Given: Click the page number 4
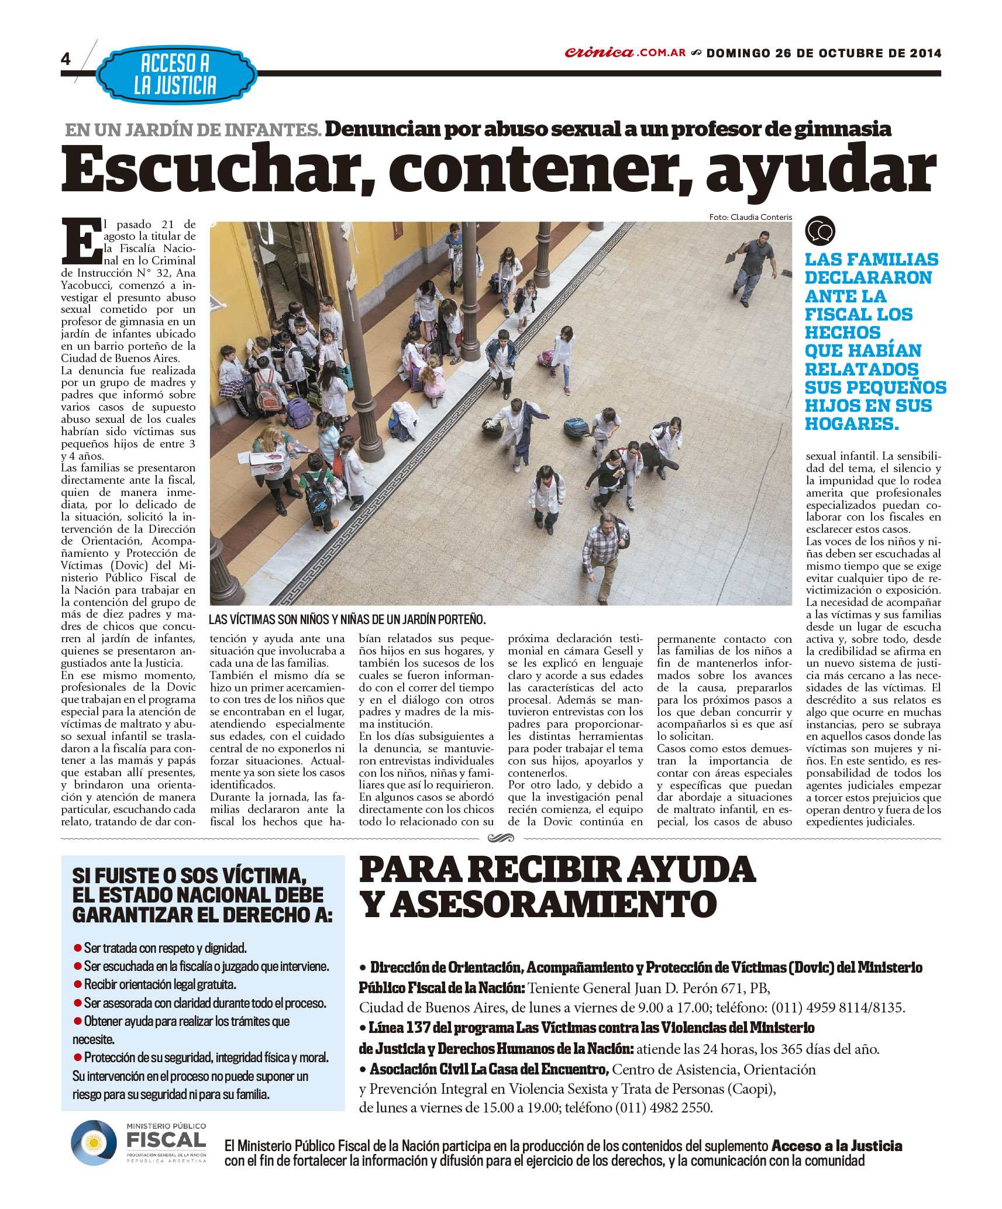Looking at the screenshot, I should pyautogui.click(x=66, y=59).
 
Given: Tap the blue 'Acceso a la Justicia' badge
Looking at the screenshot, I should pyautogui.click(x=175, y=74).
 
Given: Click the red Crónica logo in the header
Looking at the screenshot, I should pyautogui.click(x=598, y=53).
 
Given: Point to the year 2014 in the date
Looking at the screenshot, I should pyautogui.click(x=925, y=53).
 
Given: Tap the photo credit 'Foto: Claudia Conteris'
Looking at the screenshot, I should pyautogui.click(x=750, y=217).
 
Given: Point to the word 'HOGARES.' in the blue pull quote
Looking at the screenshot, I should pyautogui.click(x=851, y=423).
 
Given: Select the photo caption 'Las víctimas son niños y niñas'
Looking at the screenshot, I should pyautogui.click(x=347, y=619).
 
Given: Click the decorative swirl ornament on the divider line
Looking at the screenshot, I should pyautogui.click(x=501, y=838).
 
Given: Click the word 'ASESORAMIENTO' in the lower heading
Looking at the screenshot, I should pyautogui.click(x=553, y=904).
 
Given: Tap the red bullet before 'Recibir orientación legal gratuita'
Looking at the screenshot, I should pyautogui.click(x=77, y=984).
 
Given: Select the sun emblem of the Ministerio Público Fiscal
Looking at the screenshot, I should pyautogui.click(x=92, y=1142).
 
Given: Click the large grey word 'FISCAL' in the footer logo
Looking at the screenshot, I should pyautogui.click(x=167, y=1140).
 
